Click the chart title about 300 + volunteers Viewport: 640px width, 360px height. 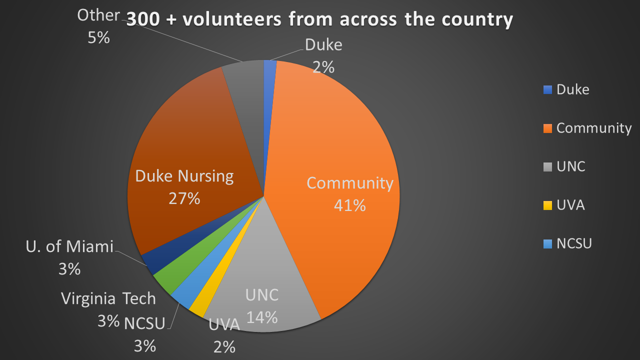point(319,19)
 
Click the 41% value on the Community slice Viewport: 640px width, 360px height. point(350,205)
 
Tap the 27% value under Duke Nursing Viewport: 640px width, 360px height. point(184,198)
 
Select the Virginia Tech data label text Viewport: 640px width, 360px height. point(108,299)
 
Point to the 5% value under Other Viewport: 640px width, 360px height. point(98,38)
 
